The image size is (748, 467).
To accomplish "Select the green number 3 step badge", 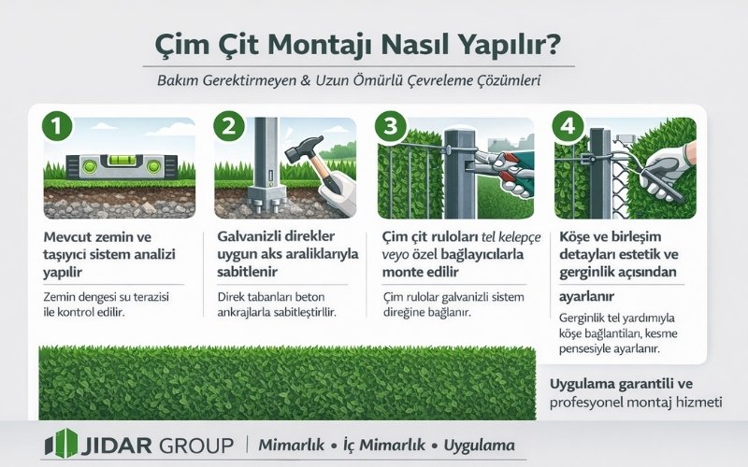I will pyautogui.click(x=391, y=126).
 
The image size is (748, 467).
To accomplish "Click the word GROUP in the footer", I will pyautogui.click(x=191, y=444).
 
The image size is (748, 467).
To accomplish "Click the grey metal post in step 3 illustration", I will pyautogui.click(x=459, y=168).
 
